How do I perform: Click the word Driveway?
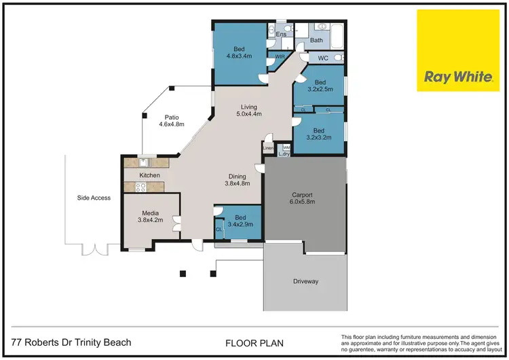coord(305,281)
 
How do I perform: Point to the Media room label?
coord(151,212)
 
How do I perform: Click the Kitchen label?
coord(149,175)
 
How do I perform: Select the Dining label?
coord(238,175)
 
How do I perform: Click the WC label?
coord(323,58)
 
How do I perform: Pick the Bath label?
coord(317,41)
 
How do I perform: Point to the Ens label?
coord(281,33)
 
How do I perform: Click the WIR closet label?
coord(280,56)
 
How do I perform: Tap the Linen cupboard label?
coord(268,147)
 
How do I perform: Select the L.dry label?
coord(284,154)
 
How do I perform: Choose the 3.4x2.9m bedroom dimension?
coord(240,223)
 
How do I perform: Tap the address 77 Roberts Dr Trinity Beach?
coord(71,342)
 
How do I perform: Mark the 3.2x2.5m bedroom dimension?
coord(320,88)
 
